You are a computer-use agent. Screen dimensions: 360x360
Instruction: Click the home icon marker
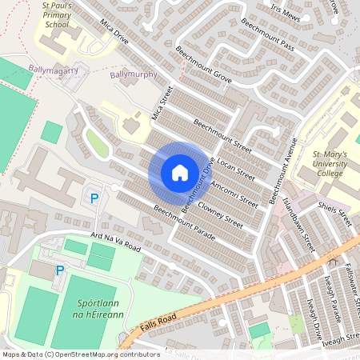[x=180, y=173]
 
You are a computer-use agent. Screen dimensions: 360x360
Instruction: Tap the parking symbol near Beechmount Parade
[x=94, y=198]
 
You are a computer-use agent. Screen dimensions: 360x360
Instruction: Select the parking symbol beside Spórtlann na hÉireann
[x=60, y=271]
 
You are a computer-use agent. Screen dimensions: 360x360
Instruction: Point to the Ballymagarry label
[x=53, y=70]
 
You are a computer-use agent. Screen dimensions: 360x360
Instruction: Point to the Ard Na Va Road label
[x=116, y=242]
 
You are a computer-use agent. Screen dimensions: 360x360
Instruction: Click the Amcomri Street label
[x=234, y=192]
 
